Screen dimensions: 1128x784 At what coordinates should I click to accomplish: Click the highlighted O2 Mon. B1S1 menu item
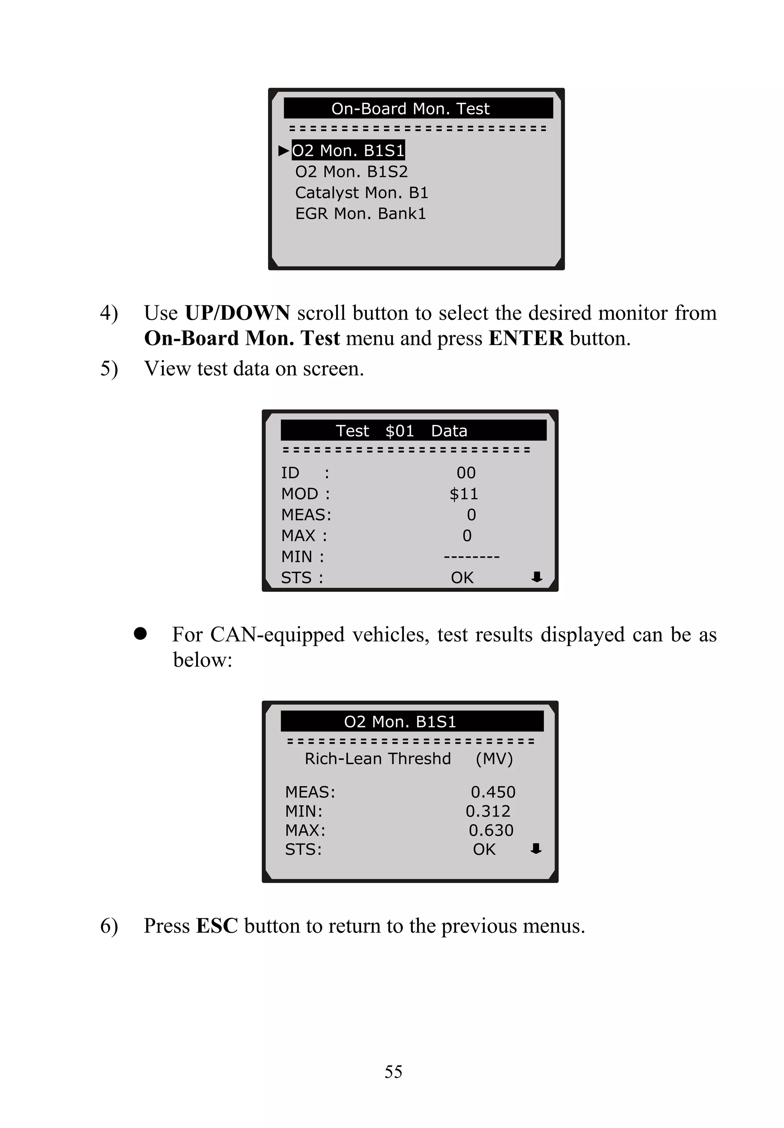tap(348, 150)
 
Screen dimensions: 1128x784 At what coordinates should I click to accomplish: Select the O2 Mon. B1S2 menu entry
tap(351, 171)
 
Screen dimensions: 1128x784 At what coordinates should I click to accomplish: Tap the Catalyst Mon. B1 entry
tap(361, 193)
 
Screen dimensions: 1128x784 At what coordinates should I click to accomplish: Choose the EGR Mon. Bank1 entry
tap(360, 214)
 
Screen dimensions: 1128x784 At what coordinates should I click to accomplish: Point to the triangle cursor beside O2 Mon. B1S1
tap(283, 150)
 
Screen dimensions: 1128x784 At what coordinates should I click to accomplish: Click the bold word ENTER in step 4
tap(526, 338)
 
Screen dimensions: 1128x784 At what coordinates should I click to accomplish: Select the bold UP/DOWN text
tap(237, 313)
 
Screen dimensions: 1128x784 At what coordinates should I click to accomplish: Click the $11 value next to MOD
tap(464, 493)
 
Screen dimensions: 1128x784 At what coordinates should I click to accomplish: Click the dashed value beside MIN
tap(471, 557)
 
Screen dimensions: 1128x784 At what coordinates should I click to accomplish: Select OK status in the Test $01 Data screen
tap(462, 578)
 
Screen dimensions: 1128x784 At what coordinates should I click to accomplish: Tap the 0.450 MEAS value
tap(493, 792)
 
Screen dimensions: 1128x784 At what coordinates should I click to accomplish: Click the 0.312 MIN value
tap(488, 811)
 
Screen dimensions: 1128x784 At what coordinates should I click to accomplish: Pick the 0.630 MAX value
tap(491, 831)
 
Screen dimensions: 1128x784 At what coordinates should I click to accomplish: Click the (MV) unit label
tap(494, 759)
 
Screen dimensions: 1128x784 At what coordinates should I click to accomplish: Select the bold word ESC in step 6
tap(217, 926)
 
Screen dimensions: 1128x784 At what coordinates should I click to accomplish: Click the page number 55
tap(393, 1071)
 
